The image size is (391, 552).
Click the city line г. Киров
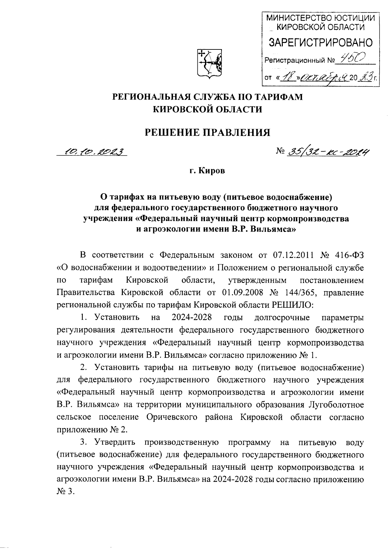(x=208, y=171)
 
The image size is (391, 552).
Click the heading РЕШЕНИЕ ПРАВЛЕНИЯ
(x=208, y=132)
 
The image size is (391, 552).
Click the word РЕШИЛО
(x=292, y=305)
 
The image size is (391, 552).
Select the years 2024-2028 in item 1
(x=192, y=317)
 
